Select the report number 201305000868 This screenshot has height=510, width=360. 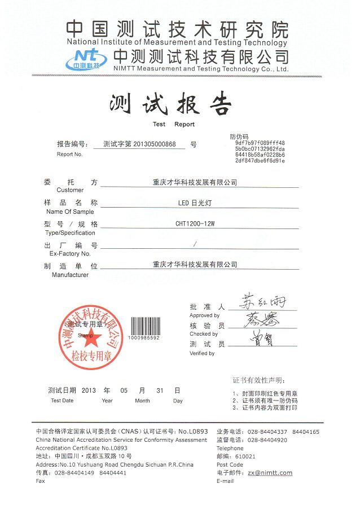pos(159,144)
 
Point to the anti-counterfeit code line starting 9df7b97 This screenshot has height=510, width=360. pos(260,143)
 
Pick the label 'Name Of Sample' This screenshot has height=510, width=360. pos(70,212)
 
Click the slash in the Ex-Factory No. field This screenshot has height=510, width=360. pos(195,244)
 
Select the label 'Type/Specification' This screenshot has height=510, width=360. pos(70,232)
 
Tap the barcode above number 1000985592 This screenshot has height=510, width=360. pos(144,325)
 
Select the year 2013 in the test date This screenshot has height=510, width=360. pos(90,390)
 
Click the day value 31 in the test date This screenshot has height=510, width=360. pos(161,390)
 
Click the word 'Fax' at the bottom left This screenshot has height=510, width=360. pos(40,481)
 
